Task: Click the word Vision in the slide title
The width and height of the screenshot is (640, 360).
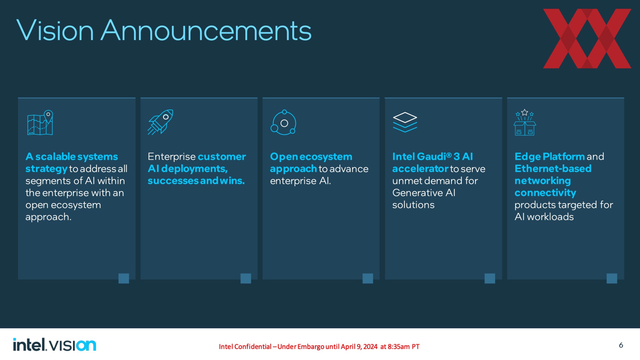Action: [x=55, y=30]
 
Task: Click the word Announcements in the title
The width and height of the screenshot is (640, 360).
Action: [x=206, y=30]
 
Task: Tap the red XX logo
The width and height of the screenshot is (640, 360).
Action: [x=587, y=39]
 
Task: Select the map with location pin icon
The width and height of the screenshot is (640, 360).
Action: [x=40, y=123]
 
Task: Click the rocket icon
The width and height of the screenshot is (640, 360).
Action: [x=160, y=122]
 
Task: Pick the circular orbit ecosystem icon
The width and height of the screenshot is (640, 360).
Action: [x=283, y=122]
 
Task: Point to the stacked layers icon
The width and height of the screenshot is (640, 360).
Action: [x=405, y=122]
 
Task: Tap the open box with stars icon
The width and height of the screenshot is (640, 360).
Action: [x=525, y=122]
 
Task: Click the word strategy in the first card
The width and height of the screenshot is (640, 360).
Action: [x=46, y=169]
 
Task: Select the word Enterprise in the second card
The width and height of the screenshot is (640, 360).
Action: [x=172, y=157]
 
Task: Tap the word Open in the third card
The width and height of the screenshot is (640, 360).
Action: [x=284, y=157]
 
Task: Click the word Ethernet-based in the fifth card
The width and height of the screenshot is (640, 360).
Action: [x=553, y=169]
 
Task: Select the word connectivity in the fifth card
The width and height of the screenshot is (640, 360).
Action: [x=545, y=193]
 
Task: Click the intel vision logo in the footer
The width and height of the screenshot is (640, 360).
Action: [x=55, y=345]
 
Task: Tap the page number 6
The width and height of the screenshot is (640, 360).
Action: [x=621, y=345]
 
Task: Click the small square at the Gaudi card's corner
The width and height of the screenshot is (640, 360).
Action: [x=490, y=278]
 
